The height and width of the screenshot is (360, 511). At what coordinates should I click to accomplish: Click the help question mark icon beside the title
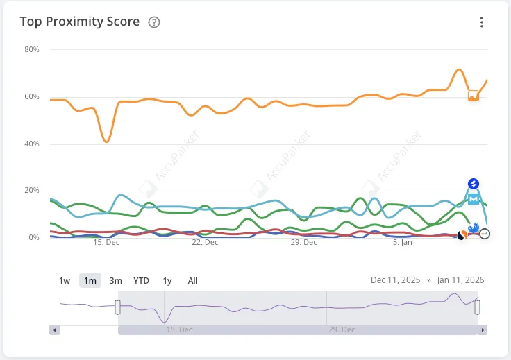click(154, 22)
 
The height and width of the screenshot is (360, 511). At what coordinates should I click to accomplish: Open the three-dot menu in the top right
click(482, 22)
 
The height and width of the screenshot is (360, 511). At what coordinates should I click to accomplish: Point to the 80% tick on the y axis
click(31, 50)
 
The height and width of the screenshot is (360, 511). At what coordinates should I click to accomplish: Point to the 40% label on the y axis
click(31, 144)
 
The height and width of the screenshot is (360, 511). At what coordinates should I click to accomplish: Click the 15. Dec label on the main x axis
click(106, 243)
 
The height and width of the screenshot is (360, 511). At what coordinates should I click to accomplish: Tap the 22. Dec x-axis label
click(205, 243)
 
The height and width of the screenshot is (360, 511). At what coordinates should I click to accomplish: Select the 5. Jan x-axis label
click(403, 243)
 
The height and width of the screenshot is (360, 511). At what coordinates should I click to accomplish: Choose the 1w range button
click(65, 281)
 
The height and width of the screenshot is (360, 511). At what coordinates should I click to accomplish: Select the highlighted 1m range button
click(90, 281)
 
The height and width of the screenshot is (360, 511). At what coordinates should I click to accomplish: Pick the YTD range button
click(141, 281)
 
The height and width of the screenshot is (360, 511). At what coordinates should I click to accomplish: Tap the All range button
click(192, 281)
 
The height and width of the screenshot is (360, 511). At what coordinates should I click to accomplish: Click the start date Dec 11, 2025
click(395, 280)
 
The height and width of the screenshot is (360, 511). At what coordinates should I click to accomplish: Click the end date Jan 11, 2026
click(460, 280)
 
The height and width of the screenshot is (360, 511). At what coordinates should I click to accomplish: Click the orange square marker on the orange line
click(473, 96)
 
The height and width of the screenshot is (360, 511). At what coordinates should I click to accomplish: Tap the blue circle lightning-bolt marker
click(474, 184)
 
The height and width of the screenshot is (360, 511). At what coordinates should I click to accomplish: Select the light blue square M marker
click(474, 199)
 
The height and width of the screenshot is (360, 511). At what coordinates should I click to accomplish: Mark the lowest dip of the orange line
click(106, 142)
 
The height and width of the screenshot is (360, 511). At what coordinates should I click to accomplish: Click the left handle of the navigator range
click(118, 307)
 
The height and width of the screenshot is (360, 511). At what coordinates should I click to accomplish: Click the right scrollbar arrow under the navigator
click(483, 330)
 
